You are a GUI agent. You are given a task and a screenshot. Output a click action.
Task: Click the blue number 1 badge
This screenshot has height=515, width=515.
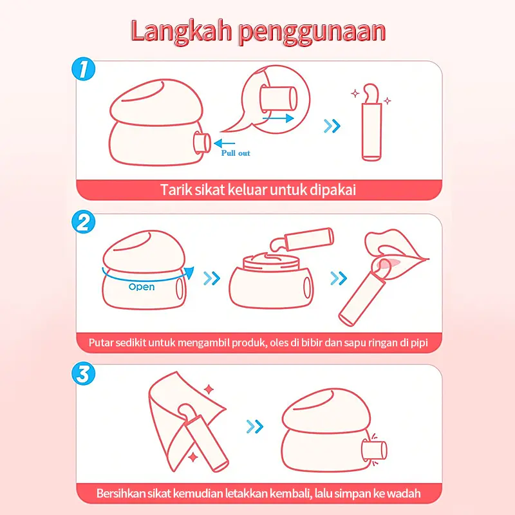pyautogui.click(x=84, y=70)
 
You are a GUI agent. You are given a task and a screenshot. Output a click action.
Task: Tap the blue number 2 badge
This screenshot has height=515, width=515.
pyautogui.click(x=84, y=221)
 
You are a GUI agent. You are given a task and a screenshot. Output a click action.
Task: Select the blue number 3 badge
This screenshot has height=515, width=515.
pyautogui.click(x=84, y=373)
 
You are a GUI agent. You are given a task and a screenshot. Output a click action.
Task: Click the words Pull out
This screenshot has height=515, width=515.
pyautogui.click(x=236, y=153)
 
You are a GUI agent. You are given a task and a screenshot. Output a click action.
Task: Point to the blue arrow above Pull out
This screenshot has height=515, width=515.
pyautogui.click(x=224, y=143)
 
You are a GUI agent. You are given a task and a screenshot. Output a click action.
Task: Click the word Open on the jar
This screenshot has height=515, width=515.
pyautogui.click(x=142, y=287)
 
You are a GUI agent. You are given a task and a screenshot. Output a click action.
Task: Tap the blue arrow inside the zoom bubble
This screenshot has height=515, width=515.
pyautogui.click(x=278, y=118)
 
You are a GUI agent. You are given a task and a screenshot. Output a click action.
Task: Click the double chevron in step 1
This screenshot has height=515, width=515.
pyautogui.click(x=332, y=126)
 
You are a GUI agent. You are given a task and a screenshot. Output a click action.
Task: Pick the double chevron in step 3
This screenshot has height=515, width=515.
pyautogui.click(x=255, y=427)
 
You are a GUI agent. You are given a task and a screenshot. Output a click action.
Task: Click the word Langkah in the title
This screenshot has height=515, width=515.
pyautogui.click(x=182, y=31)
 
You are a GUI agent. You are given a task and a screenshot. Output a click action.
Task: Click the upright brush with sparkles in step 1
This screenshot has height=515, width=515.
pyautogui.click(x=371, y=122)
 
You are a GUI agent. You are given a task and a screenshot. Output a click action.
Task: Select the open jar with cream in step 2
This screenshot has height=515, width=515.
pyautogui.click(x=271, y=280)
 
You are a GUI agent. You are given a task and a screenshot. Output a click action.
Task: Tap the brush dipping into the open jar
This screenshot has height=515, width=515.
pyautogui.click(x=301, y=239)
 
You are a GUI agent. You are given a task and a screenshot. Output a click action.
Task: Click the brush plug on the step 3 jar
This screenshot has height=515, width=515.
pyautogui.click(x=374, y=449)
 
